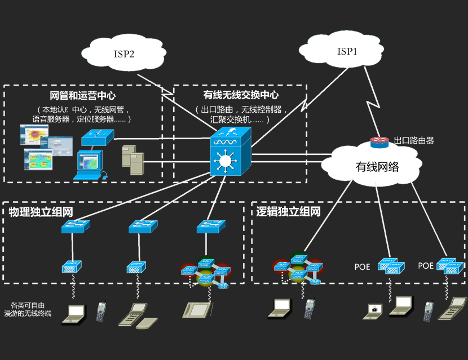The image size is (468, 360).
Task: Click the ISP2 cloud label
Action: click(x=124, y=54)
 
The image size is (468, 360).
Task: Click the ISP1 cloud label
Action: click(x=347, y=51)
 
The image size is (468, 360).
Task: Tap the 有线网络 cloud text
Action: click(x=377, y=167)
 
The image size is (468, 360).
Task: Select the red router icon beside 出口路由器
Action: click(x=380, y=142)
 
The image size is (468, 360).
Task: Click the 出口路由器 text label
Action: click(x=414, y=141)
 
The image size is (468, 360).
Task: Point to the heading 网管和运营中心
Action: click(x=83, y=96)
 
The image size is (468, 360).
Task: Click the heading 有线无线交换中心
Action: click(x=241, y=96)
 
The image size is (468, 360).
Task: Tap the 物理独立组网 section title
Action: click(x=42, y=212)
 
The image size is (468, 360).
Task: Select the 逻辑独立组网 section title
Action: click(x=288, y=212)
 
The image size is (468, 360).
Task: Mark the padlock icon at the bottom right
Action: click(x=373, y=308)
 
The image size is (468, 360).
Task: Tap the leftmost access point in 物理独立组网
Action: click(x=72, y=265)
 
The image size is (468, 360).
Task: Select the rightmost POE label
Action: click(x=426, y=265)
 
